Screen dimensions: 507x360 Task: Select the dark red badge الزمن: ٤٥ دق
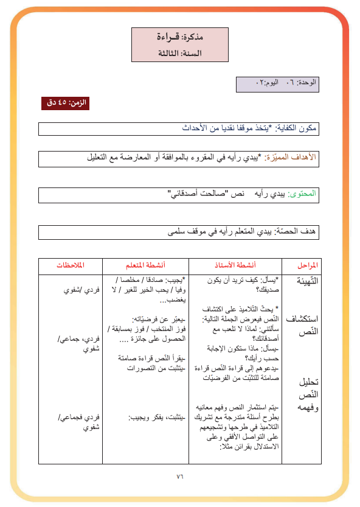point(65,103)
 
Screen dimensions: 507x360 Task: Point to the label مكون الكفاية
point(299,128)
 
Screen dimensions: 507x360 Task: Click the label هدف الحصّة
point(299,232)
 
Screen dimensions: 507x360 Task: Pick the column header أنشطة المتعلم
point(145,266)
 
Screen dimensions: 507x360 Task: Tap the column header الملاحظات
point(70,266)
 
